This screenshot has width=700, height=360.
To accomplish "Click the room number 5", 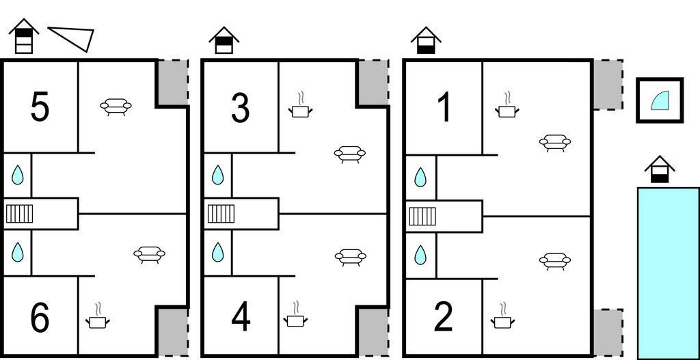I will coord(40,108).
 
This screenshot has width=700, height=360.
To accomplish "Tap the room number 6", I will coord(40,318).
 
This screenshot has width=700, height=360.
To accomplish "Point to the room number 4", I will coord(240,316).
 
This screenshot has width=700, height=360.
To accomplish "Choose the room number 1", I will coord(444,108).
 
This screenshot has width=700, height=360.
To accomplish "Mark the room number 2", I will coord(444,316).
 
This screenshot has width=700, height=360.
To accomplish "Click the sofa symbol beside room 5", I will coord(116,107).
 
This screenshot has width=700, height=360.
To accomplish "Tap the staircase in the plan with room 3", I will coord(221,214).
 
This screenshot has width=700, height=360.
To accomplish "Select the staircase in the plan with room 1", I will coord(422,217).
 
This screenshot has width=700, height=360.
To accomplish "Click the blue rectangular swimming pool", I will coord(668,272).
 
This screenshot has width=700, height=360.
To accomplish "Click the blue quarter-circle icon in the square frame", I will coord(660,100).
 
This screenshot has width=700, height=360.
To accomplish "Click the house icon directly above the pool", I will coord(659,169).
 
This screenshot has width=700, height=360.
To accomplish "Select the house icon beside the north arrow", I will coord(24,36).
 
